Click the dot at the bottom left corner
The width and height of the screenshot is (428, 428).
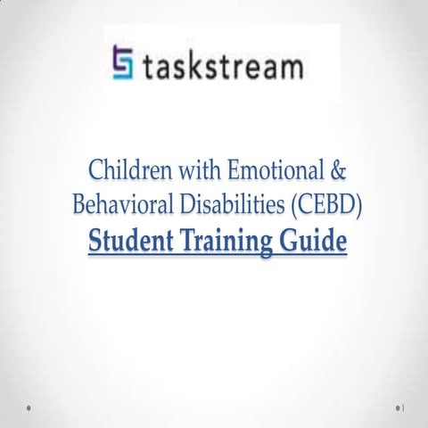29,407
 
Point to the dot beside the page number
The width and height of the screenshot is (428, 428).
399,407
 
